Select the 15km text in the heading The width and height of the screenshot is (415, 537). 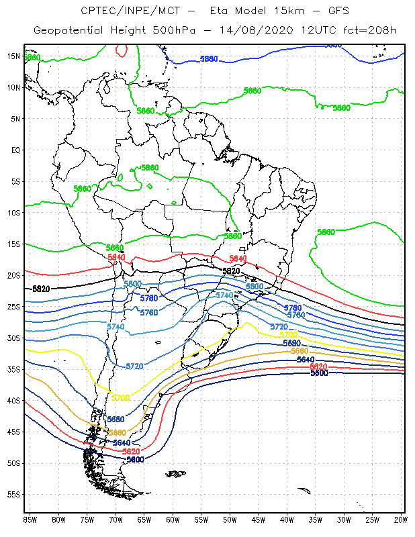pyautogui.click(x=273, y=11)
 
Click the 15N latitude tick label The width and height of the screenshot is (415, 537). pyautogui.click(x=13, y=56)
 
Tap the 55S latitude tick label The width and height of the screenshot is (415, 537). pyautogui.click(x=13, y=495)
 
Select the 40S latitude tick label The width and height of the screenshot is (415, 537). pyautogui.click(x=13, y=401)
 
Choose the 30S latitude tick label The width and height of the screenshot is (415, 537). pyautogui.click(x=13, y=338)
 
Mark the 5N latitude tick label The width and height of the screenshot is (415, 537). pyautogui.click(x=15, y=118)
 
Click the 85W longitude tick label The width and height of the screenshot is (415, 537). pyautogui.click(x=30, y=520)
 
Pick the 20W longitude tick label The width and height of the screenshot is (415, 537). pyautogui.click(x=401, y=520)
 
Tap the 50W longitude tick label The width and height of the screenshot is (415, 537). pyautogui.click(x=230, y=520)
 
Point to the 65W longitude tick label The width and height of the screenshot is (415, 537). pyautogui.click(x=144, y=520)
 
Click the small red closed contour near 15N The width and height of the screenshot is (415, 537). pyautogui.click(x=122, y=50)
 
